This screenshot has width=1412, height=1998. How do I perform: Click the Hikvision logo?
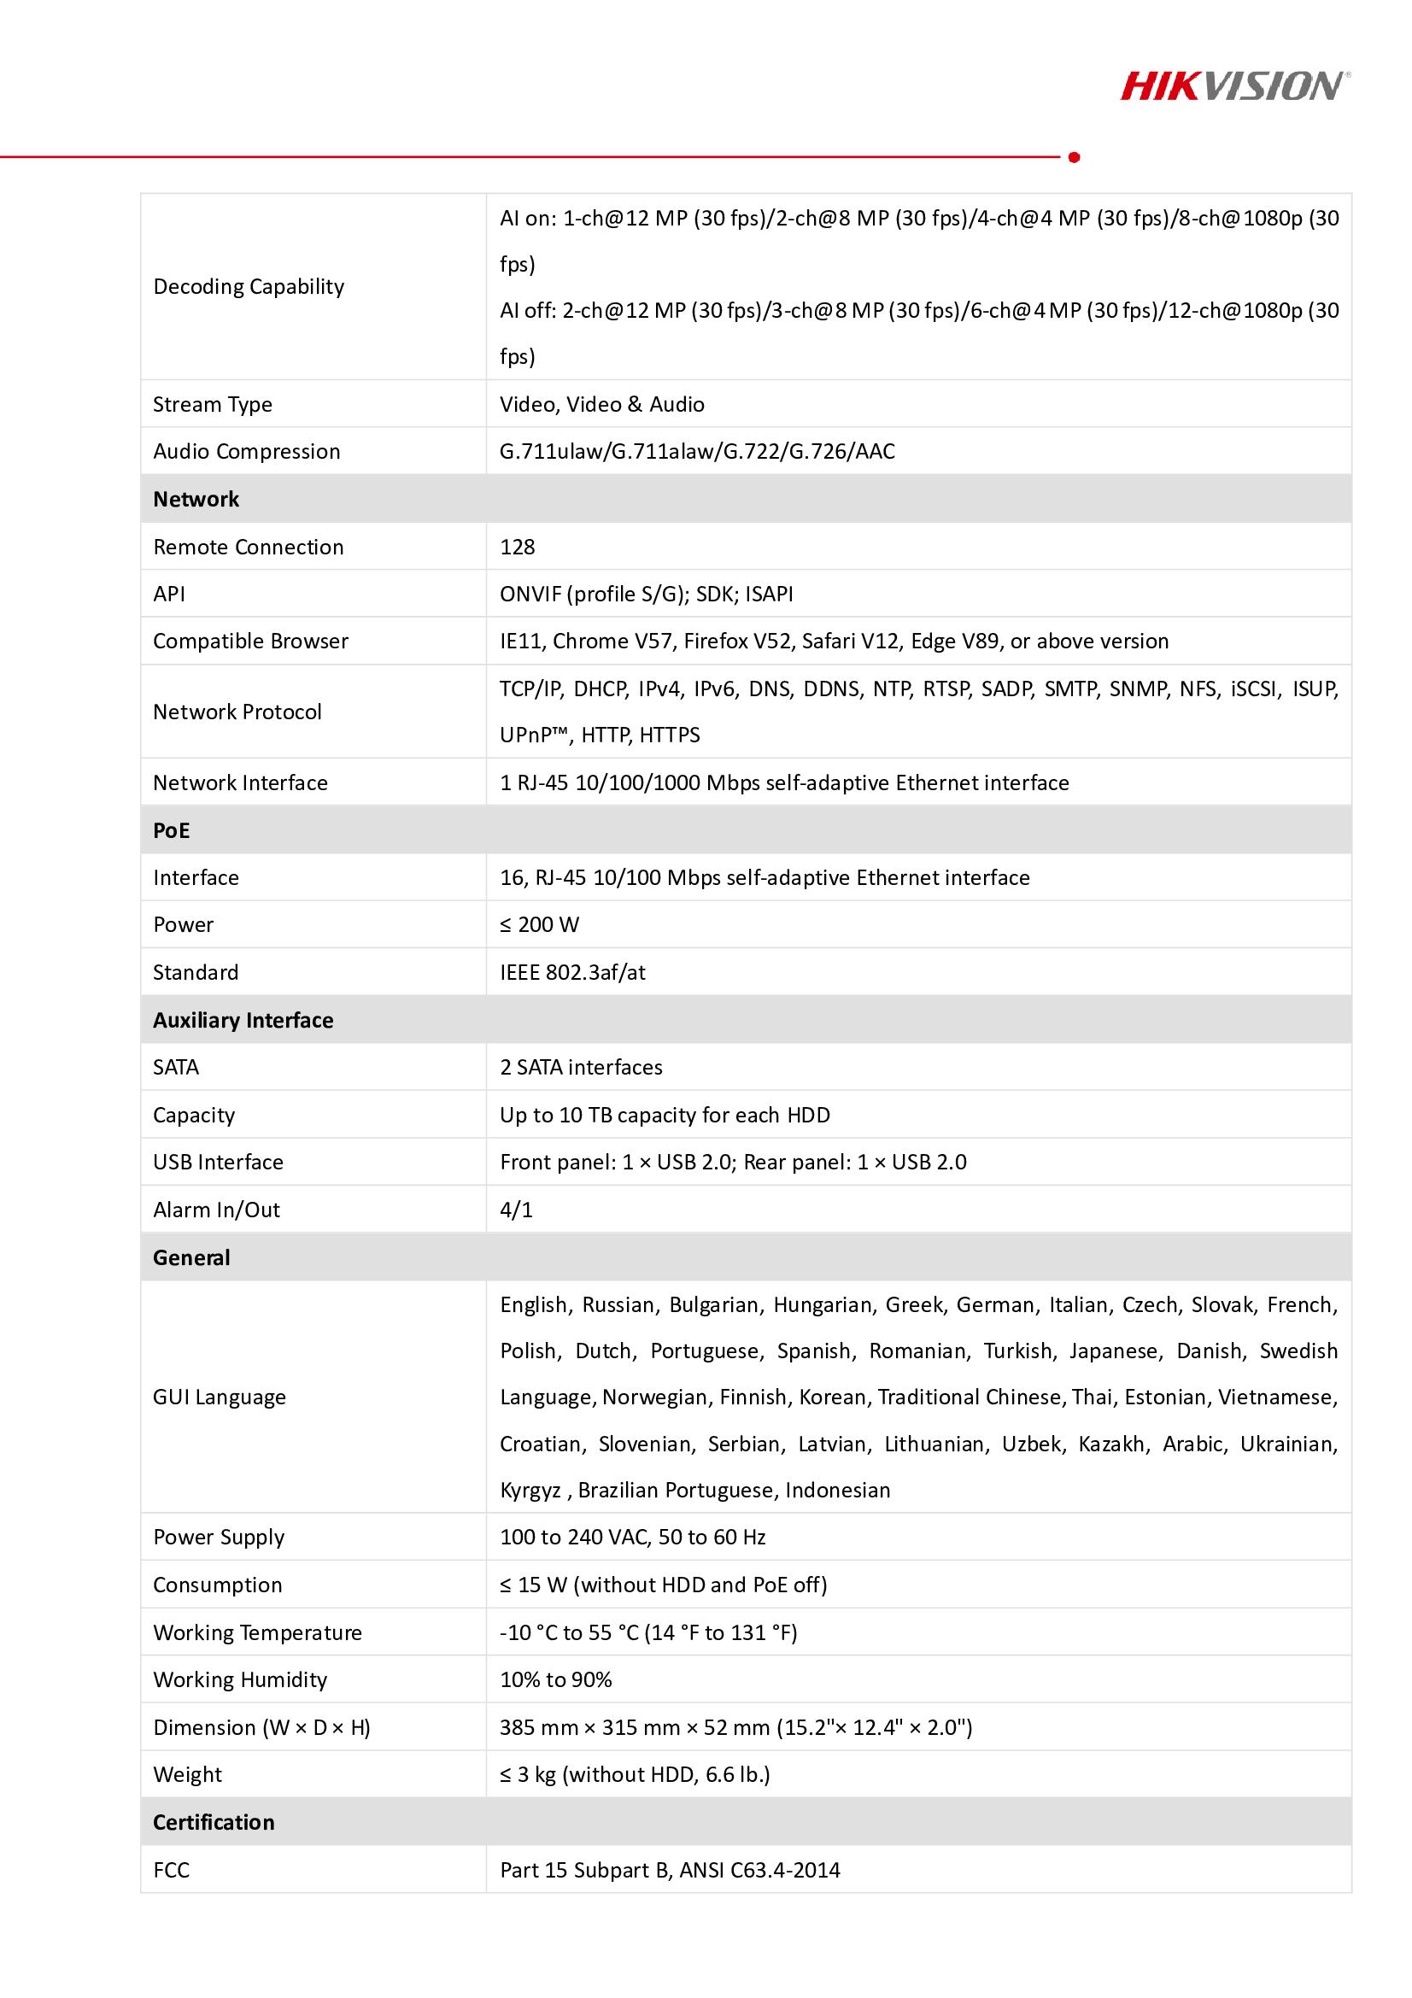click(1234, 86)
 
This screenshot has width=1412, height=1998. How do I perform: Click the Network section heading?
click(196, 499)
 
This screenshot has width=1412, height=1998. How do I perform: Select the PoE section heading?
click(172, 830)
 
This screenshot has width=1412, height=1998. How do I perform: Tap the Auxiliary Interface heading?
click(243, 1020)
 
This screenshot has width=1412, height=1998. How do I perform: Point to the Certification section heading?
click(214, 1822)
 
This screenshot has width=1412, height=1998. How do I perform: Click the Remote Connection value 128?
click(518, 547)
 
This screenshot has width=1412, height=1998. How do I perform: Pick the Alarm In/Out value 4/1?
click(516, 1210)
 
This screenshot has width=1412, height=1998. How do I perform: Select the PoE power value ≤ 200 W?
click(539, 924)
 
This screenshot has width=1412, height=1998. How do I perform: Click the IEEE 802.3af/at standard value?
click(572, 972)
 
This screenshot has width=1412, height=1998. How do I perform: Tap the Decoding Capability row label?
click(249, 286)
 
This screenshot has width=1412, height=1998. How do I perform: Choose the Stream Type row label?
click(213, 404)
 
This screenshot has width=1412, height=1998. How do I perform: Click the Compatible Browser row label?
click(250, 642)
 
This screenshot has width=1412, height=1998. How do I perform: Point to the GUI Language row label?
click(220, 1397)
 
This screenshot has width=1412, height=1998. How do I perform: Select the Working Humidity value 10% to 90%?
click(556, 1679)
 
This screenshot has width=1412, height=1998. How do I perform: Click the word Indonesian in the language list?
click(837, 1490)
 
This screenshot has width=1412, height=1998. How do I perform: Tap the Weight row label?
click(187, 1774)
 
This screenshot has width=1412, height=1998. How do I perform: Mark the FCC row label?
click(172, 1870)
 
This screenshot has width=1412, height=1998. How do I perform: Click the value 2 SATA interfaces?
click(581, 1067)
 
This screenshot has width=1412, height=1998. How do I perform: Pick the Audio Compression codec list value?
click(697, 451)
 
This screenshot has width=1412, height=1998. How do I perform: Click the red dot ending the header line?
click(1074, 157)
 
